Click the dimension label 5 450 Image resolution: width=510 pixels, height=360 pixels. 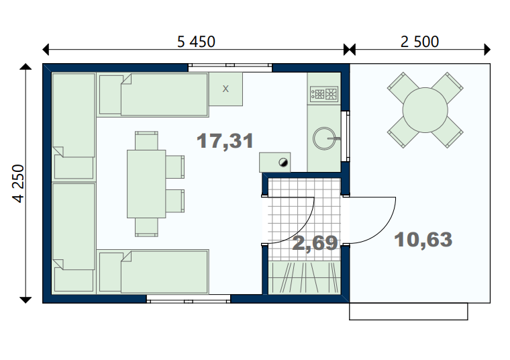(196, 42)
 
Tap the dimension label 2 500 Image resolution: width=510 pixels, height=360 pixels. (419, 42)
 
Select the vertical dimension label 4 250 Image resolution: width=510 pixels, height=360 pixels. (19, 184)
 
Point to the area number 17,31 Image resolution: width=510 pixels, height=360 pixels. (225, 141)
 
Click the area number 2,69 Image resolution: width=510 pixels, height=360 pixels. (315, 243)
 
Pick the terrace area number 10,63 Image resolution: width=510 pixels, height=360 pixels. (423, 240)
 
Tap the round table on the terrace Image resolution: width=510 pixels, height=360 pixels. (425, 110)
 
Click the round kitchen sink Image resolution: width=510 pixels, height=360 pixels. (324, 138)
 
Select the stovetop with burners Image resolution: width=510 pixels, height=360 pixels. (324, 94)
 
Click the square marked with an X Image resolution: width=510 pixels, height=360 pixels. (225, 89)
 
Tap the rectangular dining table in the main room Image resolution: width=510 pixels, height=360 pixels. (146, 184)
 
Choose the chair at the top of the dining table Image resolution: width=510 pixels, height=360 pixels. (146, 140)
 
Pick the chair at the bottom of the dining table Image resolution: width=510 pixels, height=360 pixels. (146, 227)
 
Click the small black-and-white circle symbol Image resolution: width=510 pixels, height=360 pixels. (283, 163)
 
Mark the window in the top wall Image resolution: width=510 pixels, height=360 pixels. (230, 67)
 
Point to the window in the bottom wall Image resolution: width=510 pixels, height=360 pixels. (189, 299)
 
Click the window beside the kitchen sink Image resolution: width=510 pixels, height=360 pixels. (346, 136)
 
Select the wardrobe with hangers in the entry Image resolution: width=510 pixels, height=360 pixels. (304, 277)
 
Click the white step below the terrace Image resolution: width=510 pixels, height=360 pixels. (409, 312)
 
